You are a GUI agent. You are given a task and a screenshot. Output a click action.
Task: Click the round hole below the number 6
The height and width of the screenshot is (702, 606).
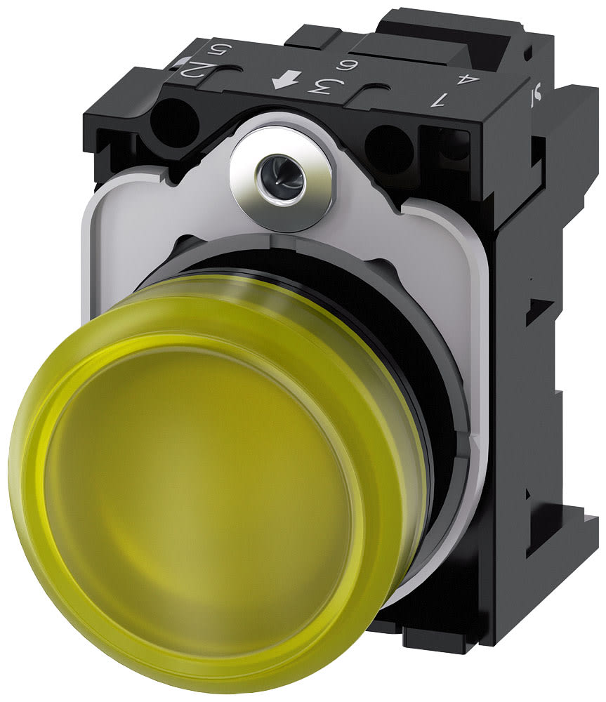[388, 147]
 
